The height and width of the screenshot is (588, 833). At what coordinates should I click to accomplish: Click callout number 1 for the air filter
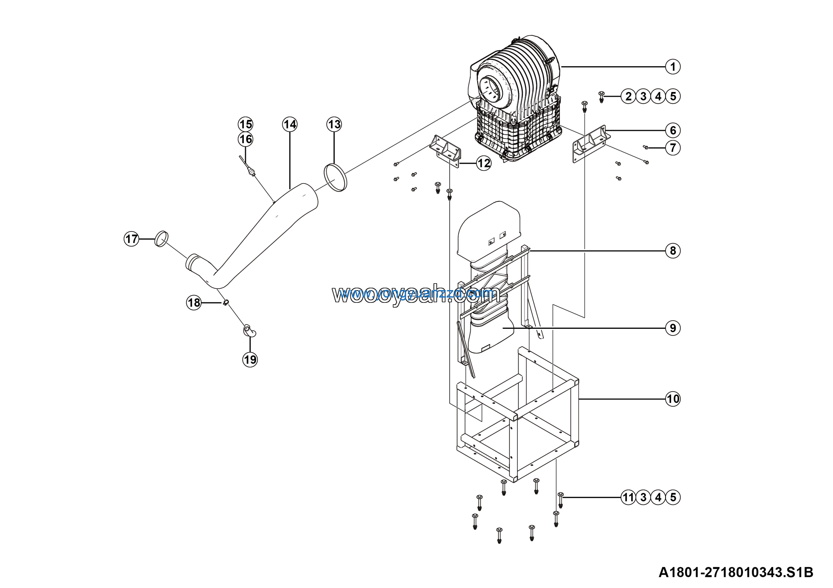pos(673,67)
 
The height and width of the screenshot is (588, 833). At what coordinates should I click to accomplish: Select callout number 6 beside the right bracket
pos(673,130)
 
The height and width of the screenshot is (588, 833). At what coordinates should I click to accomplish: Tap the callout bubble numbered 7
pos(673,148)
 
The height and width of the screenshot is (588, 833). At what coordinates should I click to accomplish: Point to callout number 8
pos(673,250)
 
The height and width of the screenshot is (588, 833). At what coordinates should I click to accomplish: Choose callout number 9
pos(673,328)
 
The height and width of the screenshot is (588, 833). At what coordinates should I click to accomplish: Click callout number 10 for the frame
pos(673,399)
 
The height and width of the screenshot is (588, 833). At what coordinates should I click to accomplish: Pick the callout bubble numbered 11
pos(628,497)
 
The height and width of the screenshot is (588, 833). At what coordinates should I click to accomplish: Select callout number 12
pos(484,164)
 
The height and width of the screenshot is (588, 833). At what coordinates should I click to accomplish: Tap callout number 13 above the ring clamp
pos(334,124)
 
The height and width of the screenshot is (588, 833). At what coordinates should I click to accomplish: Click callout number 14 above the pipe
pos(290,124)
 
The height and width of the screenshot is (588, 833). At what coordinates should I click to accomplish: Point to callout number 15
pos(245,124)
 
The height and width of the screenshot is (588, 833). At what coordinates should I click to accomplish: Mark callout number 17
pos(131,239)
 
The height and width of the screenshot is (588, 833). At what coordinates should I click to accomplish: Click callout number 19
pos(250,360)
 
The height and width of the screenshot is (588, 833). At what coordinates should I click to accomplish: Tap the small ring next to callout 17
pos(161,238)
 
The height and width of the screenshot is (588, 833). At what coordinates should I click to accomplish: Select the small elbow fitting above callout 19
pos(249,331)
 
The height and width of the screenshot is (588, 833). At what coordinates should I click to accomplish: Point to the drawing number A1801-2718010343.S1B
pos(736,572)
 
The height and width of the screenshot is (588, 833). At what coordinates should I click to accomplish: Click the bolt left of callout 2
pos(601,97)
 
